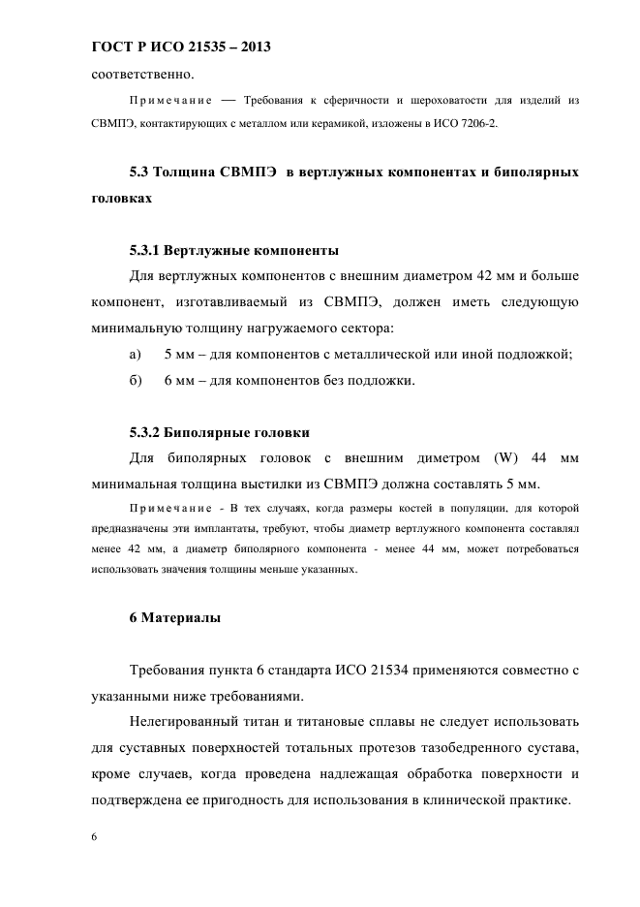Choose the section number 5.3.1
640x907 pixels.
pos(148,249)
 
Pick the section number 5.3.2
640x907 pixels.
pos(148,432)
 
